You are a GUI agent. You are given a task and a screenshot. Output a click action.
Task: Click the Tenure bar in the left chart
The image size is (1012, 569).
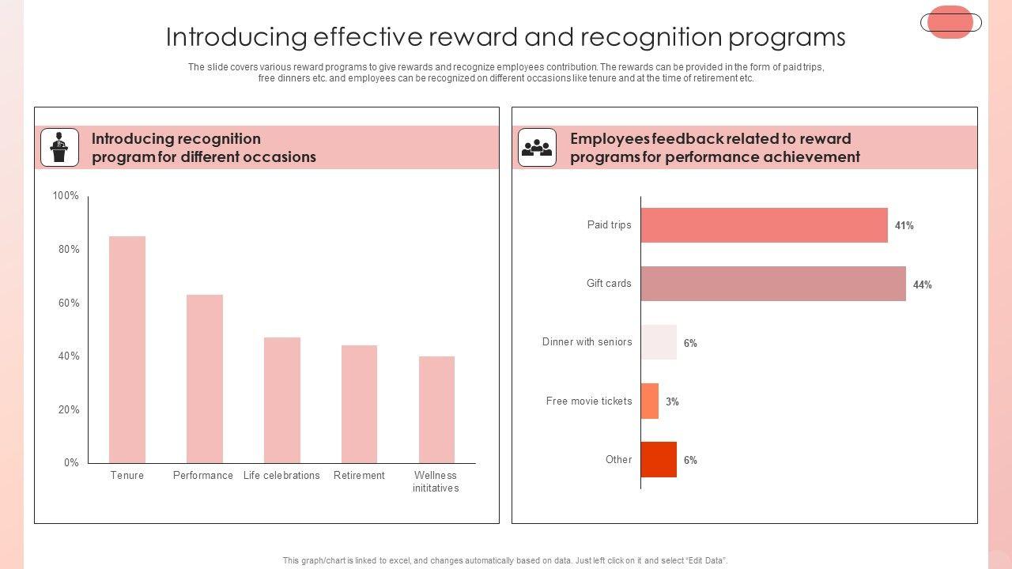pos(127,349)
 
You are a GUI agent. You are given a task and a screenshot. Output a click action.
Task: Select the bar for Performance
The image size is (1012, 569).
pos(205,379)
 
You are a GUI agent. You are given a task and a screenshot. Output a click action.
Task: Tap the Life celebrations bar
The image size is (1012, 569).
pos(282,400)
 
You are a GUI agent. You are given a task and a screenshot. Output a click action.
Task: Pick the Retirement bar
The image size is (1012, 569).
pos(359,404)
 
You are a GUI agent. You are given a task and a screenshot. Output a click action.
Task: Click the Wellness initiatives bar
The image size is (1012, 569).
pos(436,409)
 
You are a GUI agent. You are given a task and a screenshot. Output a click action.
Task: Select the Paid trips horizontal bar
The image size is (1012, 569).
pos(764,225)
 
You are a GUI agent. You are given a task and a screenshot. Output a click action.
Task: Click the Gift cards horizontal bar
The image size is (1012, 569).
pos(773,284)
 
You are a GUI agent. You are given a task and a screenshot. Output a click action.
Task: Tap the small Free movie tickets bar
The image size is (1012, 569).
pos(650,401)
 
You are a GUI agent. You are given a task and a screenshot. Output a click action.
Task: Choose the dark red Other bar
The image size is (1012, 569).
pos(659,460)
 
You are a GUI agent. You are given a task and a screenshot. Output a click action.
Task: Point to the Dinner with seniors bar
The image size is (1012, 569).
pos(659,342)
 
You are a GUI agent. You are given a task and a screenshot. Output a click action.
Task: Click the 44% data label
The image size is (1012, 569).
pos(922,285)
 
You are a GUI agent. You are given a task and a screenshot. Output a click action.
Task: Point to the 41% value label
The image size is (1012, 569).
pos(904,226)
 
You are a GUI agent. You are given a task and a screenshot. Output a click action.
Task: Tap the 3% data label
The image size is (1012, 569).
pos(672,402)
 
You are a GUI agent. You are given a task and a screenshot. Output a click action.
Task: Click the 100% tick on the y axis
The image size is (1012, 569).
pos(66,196)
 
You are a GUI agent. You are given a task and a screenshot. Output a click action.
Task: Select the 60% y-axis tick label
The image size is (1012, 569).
pos(66,303)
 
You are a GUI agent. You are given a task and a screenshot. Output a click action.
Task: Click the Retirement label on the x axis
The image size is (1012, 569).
pos(359,476)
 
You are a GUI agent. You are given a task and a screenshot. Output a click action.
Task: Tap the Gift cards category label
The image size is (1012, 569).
pos(609,284)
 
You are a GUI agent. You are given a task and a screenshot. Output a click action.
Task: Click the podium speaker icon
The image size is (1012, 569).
pos(59,147)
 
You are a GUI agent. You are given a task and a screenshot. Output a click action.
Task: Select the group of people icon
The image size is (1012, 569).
pos(538,147)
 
